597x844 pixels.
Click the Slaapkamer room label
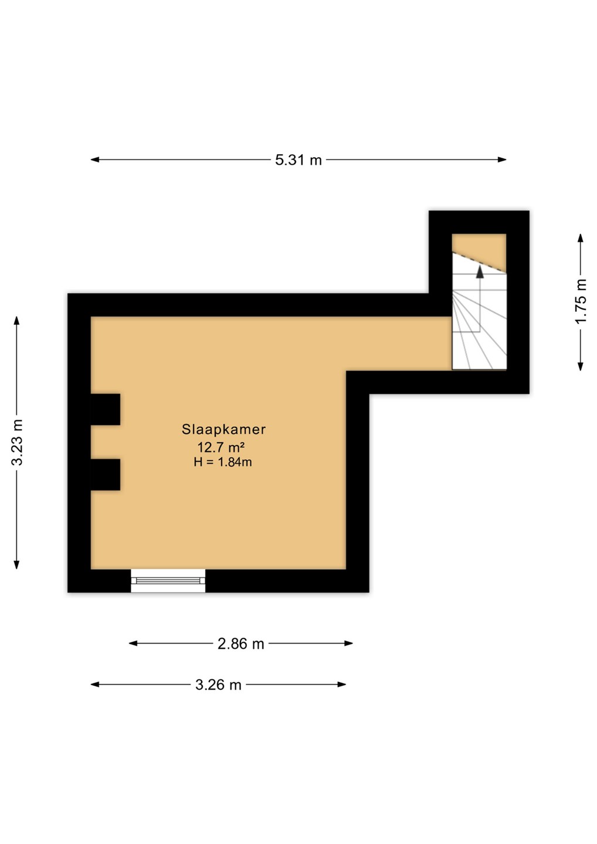point(223,429)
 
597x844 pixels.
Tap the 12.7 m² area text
point(221,447)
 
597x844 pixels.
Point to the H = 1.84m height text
point(223,462)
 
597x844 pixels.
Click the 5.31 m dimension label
point(298,160)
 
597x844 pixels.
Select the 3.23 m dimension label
point(18,442)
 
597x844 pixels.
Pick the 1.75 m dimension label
point(581,301)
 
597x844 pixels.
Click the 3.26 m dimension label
point(218,685)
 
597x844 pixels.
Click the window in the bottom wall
point(168,581)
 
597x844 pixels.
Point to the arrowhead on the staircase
point(480,272)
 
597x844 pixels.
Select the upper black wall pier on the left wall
point(106,409)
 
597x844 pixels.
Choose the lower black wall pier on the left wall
point(106,475)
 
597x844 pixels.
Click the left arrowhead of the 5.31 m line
point(95,160)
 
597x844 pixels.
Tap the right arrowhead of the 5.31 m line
point(502,160)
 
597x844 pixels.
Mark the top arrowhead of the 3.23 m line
point(16,320)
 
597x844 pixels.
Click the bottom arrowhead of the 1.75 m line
point(581,366)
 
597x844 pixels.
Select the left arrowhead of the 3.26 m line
point(95,684)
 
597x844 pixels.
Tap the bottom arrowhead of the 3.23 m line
point(16,564)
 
